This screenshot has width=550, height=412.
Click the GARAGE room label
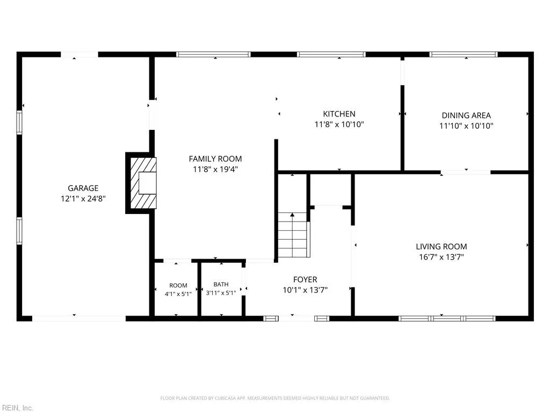pos(83,188)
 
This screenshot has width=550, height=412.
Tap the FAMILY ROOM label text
pos(215,159)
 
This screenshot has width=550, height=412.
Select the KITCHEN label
pos(339,114)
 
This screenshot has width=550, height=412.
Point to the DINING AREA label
pos(466,115)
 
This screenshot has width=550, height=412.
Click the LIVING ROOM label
pos(442,247)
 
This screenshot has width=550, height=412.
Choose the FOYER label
pos(305,279)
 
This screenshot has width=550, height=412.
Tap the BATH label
pos(221,284)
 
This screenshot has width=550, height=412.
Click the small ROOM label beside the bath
pos(178,285)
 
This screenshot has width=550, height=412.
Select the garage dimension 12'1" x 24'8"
pos(83,198)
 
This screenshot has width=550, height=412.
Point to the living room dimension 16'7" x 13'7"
pos(442,257)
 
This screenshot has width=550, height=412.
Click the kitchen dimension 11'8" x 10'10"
pos(339,124)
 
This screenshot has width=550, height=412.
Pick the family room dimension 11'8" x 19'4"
pos(215,169)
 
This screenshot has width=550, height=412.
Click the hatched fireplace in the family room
pos(143,182)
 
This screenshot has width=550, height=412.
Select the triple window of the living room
pos(447,319)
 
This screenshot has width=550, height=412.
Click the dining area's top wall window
pos(464,54)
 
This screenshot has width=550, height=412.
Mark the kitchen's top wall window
pos(331,54)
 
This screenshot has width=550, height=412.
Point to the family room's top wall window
pos(213,54)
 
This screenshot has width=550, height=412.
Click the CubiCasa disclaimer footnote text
pos(275,399)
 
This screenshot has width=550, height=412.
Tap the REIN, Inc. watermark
pos(17,408)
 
